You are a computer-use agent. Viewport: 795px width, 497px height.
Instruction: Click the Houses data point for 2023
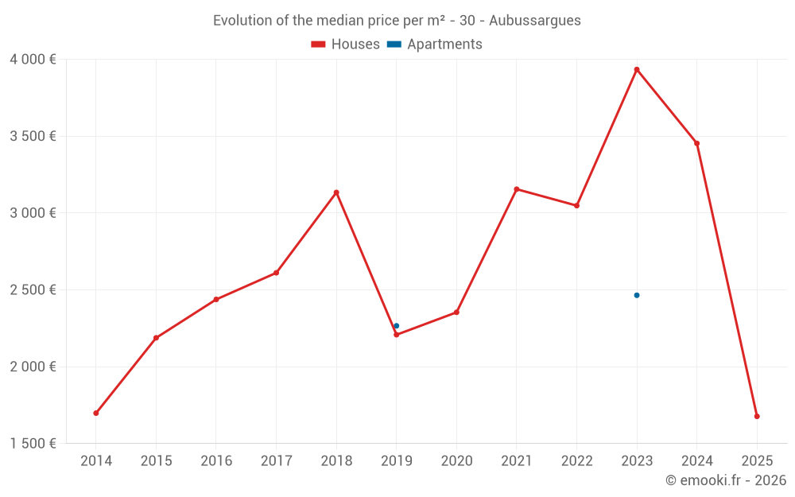click(637, 70)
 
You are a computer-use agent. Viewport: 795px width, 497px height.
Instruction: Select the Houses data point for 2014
click(96, 413)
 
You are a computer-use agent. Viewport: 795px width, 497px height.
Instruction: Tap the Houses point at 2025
click(757, 416)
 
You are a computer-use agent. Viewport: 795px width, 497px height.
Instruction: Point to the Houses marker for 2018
click(336, 192)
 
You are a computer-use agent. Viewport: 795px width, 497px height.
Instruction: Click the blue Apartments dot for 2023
click(637, 295)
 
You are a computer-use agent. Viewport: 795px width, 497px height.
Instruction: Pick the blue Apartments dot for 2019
click(397, 326)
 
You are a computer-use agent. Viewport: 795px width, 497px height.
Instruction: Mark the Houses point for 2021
click(517, 189)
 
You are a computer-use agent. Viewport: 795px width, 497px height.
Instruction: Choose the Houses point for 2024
click(697, 143)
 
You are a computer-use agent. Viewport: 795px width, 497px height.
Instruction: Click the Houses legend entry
click(346, 45)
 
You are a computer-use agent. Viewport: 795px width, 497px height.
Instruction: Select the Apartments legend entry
click(435, 45)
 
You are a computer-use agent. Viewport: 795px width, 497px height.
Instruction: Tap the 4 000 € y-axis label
click(33, 60)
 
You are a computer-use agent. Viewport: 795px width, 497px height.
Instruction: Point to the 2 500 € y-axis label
click(33, 290)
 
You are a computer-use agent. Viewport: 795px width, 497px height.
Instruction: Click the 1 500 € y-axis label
click(33, 444)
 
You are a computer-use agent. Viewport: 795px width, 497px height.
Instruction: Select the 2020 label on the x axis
click(456, 460)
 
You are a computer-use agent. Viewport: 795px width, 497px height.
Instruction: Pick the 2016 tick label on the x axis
click(216, 460)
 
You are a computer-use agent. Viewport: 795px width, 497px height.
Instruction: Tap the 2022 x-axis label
click(576, 460)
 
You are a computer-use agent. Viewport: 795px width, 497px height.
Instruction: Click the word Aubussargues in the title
click(535, 21)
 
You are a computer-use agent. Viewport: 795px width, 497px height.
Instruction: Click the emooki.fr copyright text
click(726, 480)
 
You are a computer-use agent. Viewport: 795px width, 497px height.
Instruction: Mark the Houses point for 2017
click(276, 273)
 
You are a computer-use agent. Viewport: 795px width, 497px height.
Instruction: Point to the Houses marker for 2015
click(156, 338)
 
